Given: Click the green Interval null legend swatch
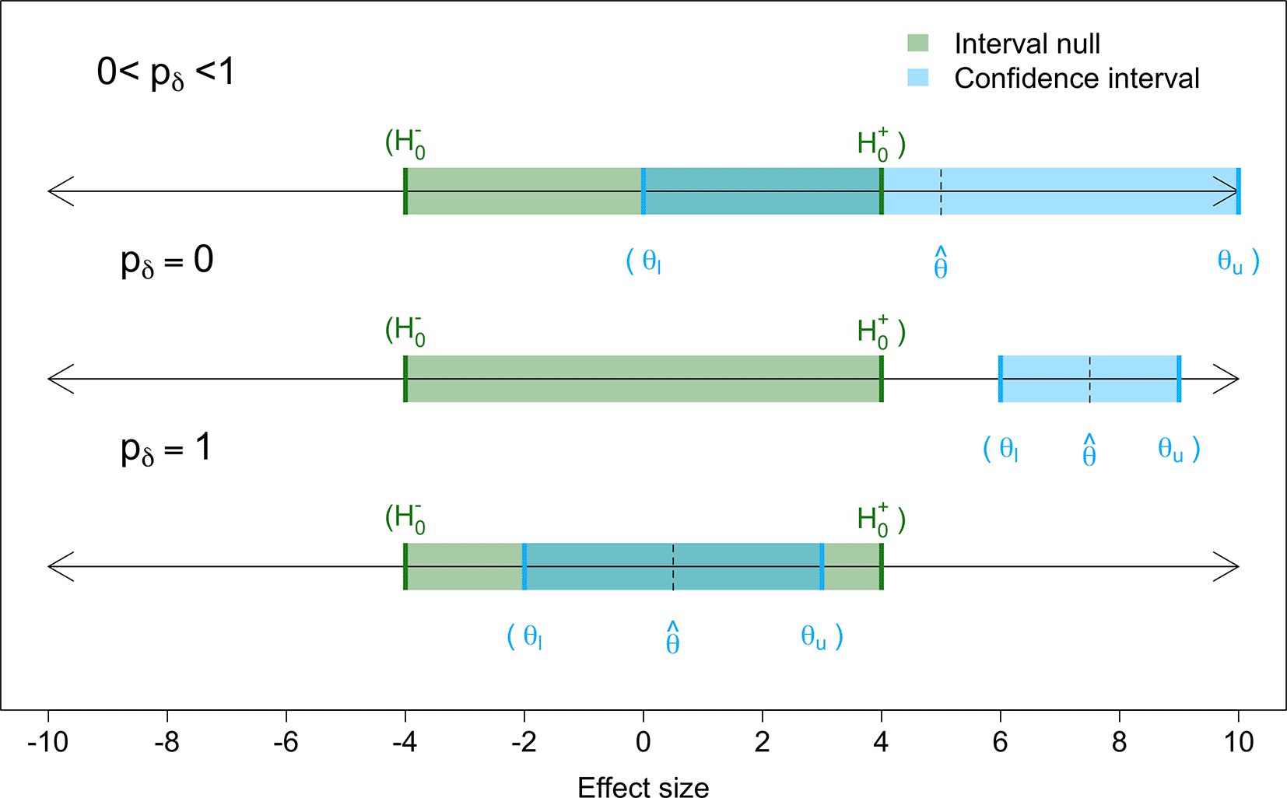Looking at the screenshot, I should tap(917, 43).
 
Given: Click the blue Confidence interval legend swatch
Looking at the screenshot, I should tap(917, 77).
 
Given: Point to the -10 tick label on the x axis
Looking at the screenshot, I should tap(47, 743).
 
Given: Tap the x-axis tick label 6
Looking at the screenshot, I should tap(1000, 743).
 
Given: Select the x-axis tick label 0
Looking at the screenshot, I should tap(643, 743).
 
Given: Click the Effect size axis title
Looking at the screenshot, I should tap(643, 787).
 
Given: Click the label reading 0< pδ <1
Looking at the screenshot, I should tap(165, 73).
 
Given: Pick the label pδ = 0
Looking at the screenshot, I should tap(167, 261).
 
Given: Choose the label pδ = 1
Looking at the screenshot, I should tap(166, 449).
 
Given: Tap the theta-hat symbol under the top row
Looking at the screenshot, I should tap(941, 264).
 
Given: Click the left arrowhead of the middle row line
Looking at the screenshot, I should tap(61, 379).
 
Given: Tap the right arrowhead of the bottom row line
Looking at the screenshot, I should tap(1226, 566).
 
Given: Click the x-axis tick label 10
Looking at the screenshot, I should tap(1238, 743).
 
